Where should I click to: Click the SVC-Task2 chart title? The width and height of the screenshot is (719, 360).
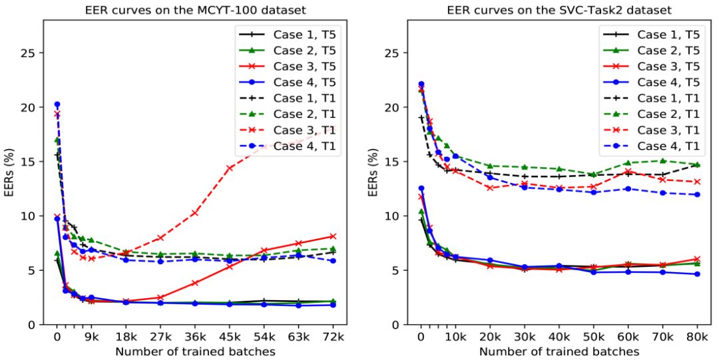click(559, 9)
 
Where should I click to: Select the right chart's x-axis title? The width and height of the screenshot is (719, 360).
click(559, 351)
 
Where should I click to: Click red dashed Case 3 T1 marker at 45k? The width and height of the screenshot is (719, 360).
click(228, 168)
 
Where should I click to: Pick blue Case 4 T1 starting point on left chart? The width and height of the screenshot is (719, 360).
click(57, 104)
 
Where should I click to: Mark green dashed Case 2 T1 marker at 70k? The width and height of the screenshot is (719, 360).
click(662, 160)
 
